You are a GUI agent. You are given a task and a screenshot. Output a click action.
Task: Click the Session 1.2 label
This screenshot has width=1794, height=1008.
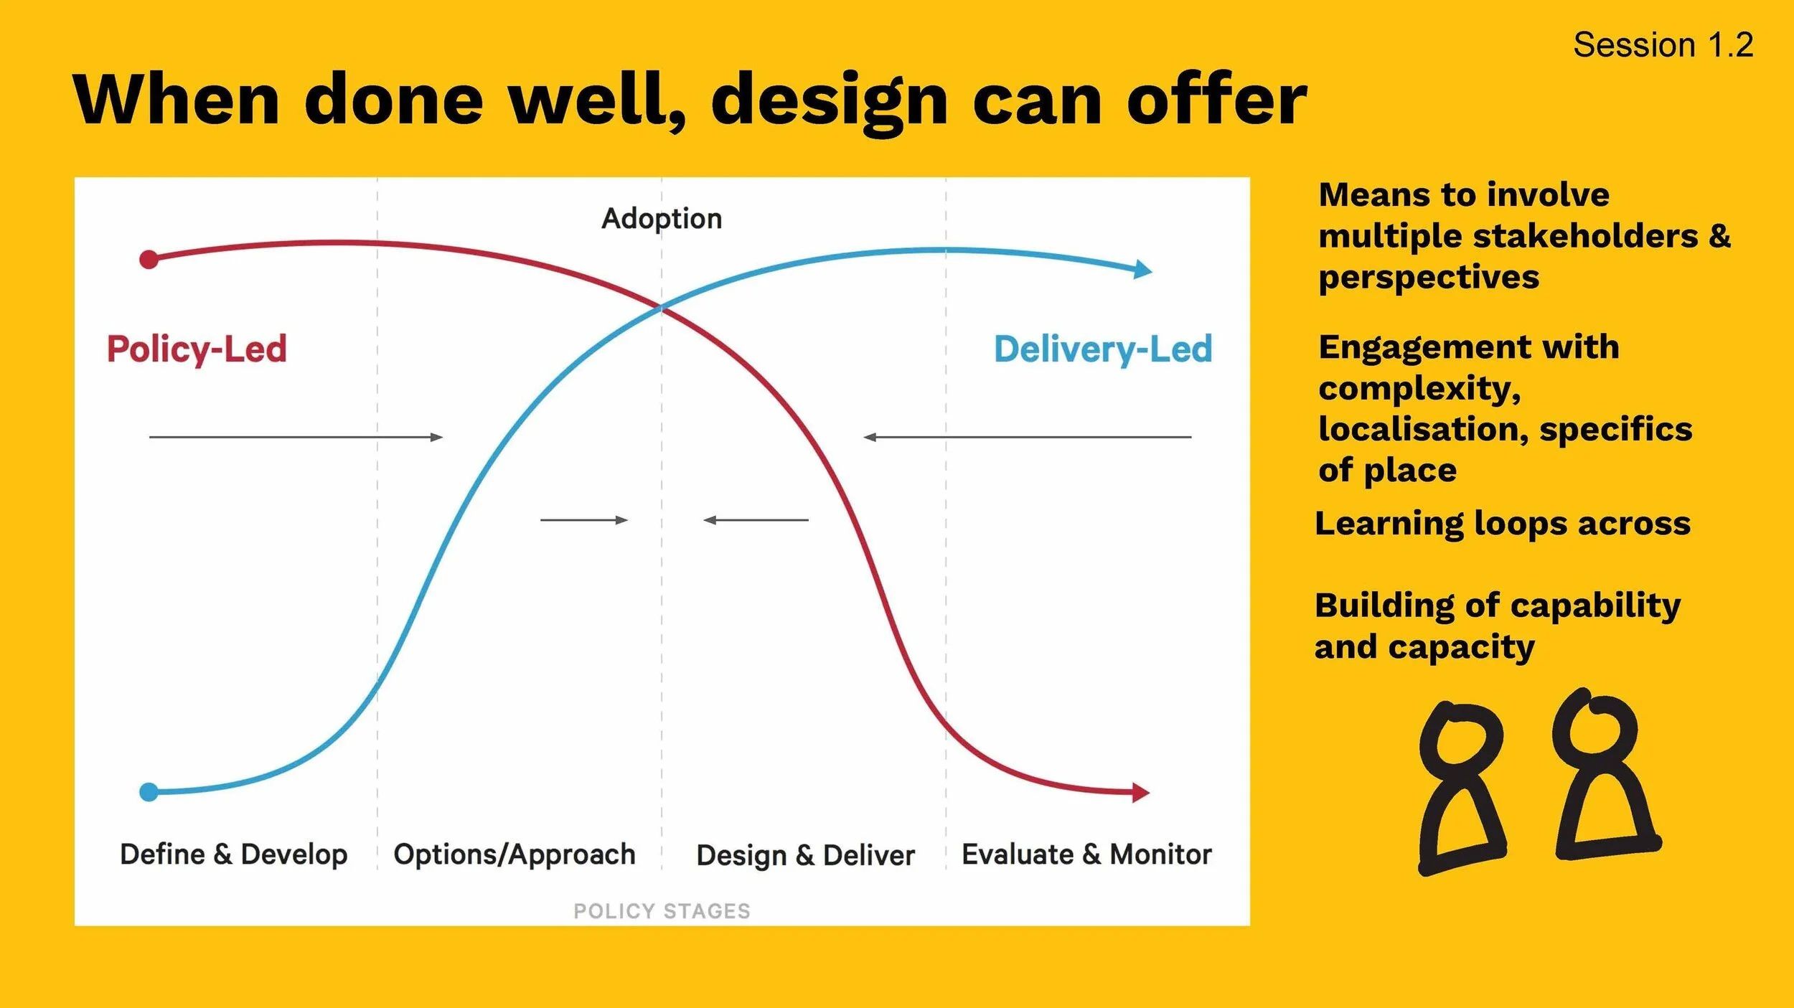coord(1663,45)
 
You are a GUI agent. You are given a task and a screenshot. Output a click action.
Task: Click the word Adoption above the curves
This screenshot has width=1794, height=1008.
coord(661,218)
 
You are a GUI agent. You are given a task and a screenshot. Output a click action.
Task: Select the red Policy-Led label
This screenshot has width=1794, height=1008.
coord(197,349)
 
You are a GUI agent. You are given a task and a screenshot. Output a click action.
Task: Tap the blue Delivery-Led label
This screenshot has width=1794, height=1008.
coord(1102,349)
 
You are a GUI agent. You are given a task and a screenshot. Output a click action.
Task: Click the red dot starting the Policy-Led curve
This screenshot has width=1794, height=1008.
coord(149,259)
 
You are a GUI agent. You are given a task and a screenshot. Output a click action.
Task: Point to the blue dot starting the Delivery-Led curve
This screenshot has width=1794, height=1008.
coord(149,792)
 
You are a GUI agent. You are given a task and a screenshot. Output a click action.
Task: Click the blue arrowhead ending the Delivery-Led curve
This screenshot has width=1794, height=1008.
coord(1142,270)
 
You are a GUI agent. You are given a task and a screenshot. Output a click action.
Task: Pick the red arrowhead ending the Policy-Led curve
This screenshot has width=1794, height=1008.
coord(1140,793)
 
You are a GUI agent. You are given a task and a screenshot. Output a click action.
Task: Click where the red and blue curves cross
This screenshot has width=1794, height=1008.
coord(661,308)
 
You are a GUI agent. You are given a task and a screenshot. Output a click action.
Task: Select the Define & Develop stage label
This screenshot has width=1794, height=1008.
coord(233,854)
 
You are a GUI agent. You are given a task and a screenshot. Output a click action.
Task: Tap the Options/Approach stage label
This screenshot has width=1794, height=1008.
coord(515,854)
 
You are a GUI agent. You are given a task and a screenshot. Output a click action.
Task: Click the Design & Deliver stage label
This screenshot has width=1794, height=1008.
coord(805,855)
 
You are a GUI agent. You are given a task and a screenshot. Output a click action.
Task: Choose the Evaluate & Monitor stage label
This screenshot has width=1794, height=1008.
coord(1086,854)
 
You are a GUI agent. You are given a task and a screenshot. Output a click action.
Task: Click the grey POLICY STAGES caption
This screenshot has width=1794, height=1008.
coord(661,911)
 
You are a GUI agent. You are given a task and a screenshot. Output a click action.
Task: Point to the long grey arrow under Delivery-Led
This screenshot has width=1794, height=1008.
coord(1027,436)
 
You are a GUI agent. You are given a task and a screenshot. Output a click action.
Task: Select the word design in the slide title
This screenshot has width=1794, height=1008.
coord(829,100)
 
